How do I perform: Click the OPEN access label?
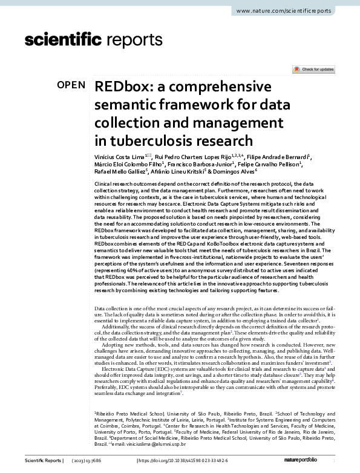pyautogui.click(x=71, y=85)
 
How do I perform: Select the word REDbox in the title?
pyautogui.click(x=120, y=86)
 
